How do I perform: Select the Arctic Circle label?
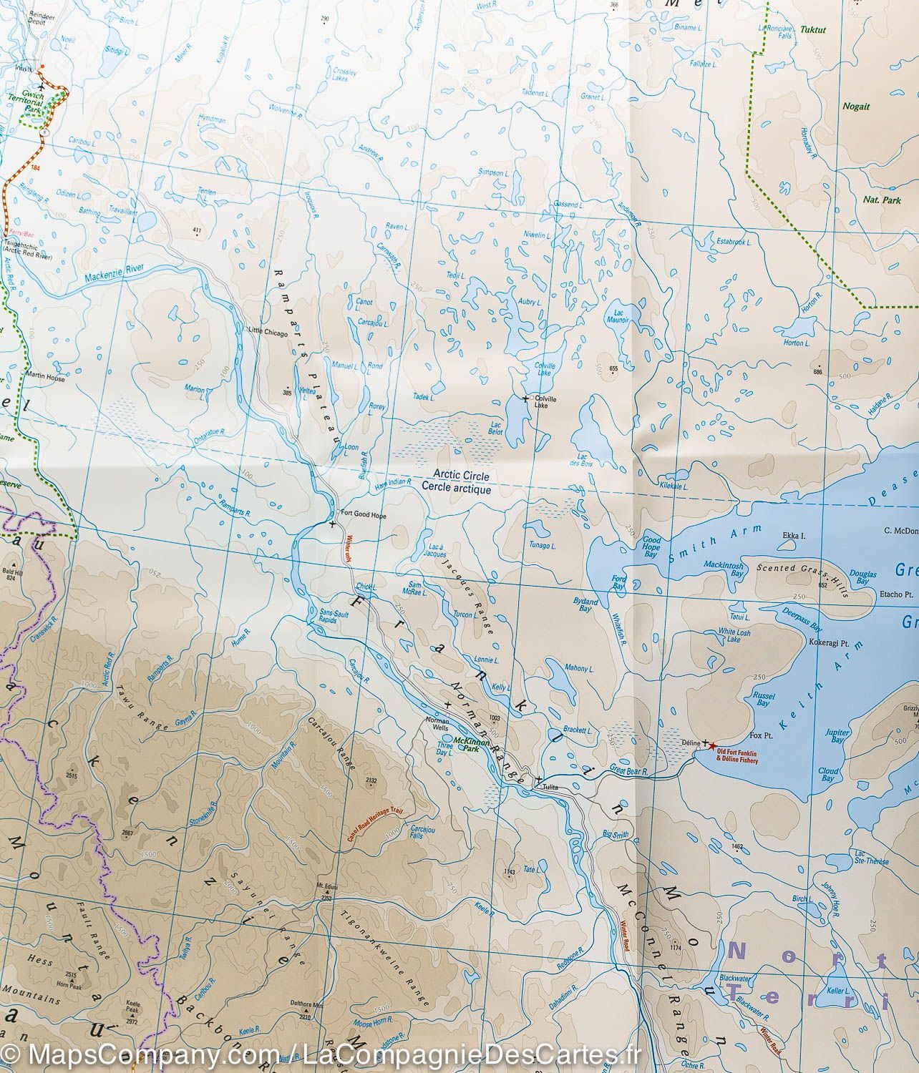456,476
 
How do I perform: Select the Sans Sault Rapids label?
333,618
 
